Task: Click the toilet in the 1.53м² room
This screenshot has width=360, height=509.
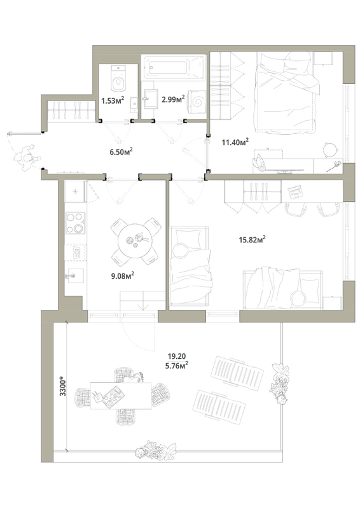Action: (118, 78)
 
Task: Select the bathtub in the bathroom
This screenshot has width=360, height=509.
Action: (174, 68)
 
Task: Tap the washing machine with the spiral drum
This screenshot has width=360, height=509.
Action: (197, 102)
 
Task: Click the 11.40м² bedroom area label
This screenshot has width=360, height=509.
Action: (235, 142)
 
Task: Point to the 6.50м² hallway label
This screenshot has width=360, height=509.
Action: (121, 151)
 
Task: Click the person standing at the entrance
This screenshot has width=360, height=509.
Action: (27, 158)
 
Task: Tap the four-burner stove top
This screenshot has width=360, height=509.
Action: (76, 223)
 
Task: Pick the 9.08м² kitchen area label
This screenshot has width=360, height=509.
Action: (123, 276)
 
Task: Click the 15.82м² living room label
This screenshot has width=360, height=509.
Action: (253, 240)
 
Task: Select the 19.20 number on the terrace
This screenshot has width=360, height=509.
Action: (177, 356)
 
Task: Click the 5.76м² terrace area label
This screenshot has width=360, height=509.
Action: (177, 365)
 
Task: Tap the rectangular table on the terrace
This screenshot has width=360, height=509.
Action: (121, 396)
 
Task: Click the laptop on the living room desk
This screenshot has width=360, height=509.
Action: (295, 192)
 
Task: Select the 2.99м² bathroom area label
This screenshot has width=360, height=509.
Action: (174, 99)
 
